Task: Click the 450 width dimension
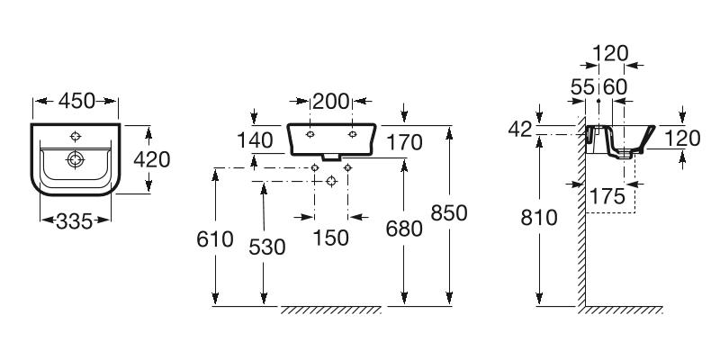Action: tap(76, 102)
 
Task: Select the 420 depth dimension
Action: tap(152, 159)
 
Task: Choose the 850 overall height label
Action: tap(449, 213)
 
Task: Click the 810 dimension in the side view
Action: tap(538, 218)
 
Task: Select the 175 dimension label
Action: tap(607, 195)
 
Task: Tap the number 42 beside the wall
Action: tap(519, 130)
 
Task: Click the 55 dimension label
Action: tap(584, 86)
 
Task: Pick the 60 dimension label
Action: tap(615, 86)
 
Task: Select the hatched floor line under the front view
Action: tap(331, 310)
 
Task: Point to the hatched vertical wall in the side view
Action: tap(582, 234)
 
